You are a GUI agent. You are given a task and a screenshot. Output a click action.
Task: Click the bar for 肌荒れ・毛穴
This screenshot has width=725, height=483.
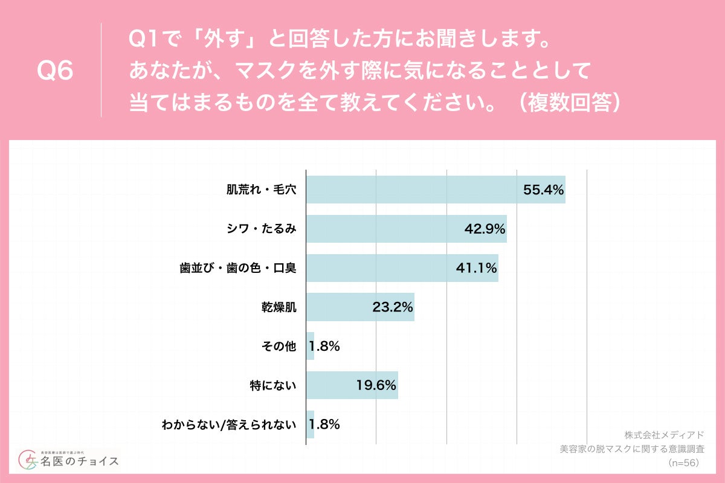(435, 190)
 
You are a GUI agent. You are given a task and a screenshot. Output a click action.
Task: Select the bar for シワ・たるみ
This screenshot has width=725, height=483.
(406, 229)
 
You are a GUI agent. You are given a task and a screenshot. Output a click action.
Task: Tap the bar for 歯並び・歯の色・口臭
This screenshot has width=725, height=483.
(402, 268)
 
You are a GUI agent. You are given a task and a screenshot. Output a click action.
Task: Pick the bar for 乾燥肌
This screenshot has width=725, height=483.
(360, 307)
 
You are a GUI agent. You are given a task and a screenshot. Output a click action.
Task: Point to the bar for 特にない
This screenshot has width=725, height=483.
(352, 385)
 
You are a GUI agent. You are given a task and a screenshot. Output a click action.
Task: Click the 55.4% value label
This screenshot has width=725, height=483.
(543, 190)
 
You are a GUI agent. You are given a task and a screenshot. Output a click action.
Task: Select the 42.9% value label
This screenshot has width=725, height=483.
(485, 229)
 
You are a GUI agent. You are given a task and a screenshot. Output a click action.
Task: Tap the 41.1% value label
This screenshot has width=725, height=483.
(476, 268)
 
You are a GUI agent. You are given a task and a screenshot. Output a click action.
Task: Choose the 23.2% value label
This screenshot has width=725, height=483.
(392, 307)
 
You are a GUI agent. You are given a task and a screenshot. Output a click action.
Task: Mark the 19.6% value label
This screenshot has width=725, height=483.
(376, 385)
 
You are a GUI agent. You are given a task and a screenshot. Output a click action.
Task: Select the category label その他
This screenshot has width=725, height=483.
(279, 347)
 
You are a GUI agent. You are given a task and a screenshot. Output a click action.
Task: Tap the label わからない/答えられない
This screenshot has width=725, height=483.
(229, 424)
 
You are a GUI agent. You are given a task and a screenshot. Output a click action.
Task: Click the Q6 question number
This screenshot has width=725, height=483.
(55, 71)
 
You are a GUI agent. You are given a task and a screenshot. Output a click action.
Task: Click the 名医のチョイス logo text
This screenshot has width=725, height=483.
(79, 461)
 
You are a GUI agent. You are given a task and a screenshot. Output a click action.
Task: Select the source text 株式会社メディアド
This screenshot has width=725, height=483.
(664, 435)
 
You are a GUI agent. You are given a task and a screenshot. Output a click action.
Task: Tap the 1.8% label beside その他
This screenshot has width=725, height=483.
(324, 347)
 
